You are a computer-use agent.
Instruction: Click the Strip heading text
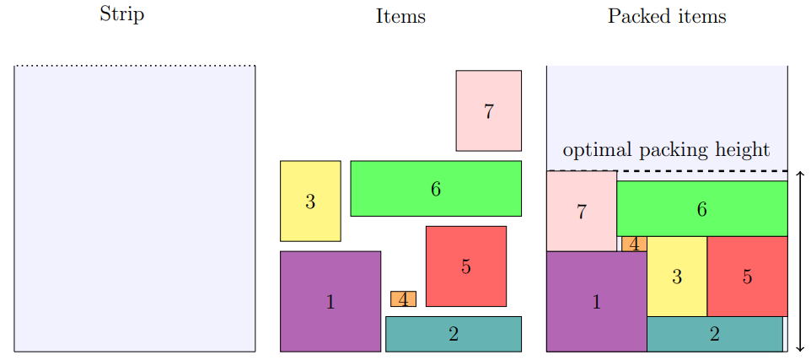pyautogui.click(x=121, y=14)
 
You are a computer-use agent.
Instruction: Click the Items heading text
pyautogui.click(x=400, y=16)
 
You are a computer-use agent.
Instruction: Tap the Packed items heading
pyautogui.click(x=667, y=16)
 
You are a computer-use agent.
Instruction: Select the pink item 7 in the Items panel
pyautogui.click(x=488, y=110)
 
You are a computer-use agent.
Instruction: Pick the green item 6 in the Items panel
pyautogui.click(x=436, y=188)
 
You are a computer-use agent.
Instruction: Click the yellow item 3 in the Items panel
pyautogui.click(x=310, y=201)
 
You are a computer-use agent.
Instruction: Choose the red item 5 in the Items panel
pyautogui.click(x=466, y=266)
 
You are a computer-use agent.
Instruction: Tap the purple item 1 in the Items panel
pyautogui.click(x=330, y=301)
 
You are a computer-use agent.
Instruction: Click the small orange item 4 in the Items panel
pyautogui.click(x=403, y=298)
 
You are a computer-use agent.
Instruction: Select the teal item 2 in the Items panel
pyautogui.click(x=454, y=334)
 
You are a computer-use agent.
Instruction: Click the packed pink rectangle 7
pyautogui.click(x=581, y=212)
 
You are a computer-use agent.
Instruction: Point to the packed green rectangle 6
pyautogui.click(x=701, y=208)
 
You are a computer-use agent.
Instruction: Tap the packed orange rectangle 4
pyautogui.click(x=634, y=244)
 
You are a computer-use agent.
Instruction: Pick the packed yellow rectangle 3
pyautogui.click(x=676, y=277)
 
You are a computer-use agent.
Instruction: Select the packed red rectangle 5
pyautogui.click(x=747, y=277)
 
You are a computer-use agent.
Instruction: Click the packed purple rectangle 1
pyautogui.click(x=596, y=301)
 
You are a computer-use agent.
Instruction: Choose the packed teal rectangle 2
pyautogui.click(x=714, y=334)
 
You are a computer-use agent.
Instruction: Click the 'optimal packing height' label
pyautogui.click(x=666, y=150)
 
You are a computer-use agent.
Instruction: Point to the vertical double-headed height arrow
pyautogui.click(x=799, y=261)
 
